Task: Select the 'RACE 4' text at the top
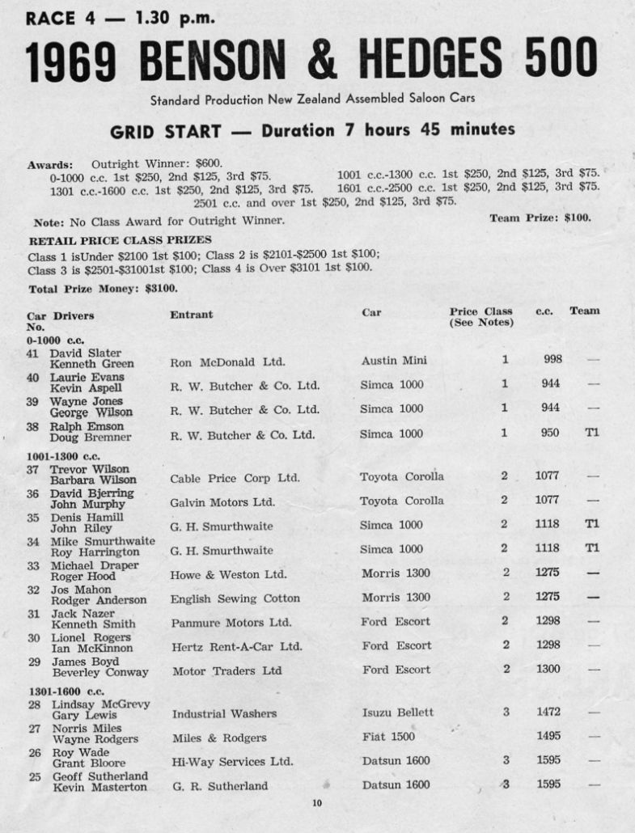coord(57,17)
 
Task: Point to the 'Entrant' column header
coord(191,314)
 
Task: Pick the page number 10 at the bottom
coord(316,803)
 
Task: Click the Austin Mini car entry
coord(393,361)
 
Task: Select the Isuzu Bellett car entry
coord(396,712)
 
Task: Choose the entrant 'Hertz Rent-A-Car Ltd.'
coord(236,646)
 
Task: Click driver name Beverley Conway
coord(99,672)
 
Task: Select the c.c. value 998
coord(552,360)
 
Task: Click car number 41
coord(33,353)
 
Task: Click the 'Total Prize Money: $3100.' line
coord(103,288)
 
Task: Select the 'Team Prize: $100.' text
coord(540,218)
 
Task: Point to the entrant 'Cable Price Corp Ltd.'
coord(235,478)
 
